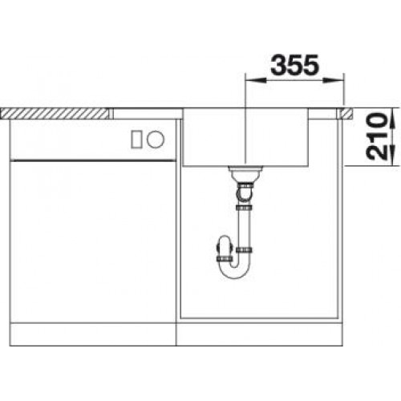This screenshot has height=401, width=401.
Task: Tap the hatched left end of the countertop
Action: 56,110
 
